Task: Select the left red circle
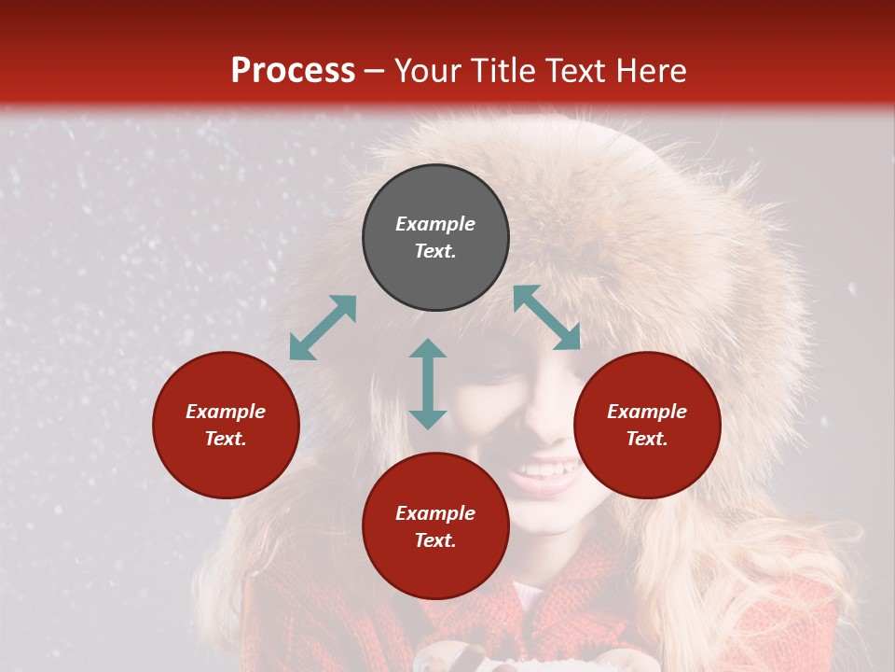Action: [226, 425]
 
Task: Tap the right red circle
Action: [647, 425]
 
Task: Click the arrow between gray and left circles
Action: [323, 328]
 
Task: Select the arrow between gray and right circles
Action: [546, 317]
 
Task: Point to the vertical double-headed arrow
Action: [428, 384]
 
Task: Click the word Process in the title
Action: [293, 70]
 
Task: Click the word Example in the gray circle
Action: [435, 224]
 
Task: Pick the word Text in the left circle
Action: [226, 439]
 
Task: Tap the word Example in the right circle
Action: [647, 412]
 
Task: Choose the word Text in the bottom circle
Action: [435, 540]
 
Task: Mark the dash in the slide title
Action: [375, 70]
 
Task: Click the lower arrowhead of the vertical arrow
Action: [428, 419]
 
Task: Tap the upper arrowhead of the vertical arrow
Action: [428, 349]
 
